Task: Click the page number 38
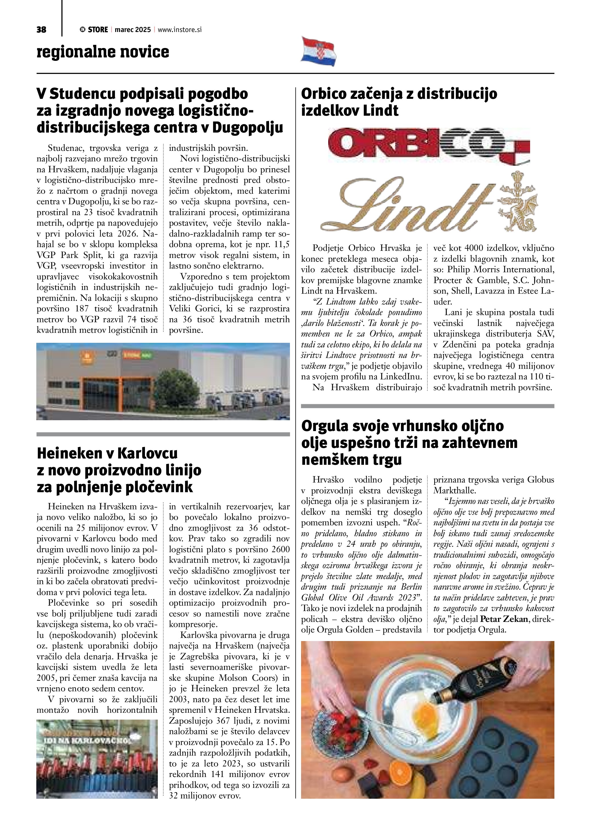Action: pyautogui.click(x=41, y=30)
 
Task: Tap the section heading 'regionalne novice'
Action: pyautogui.click(x=103, y=52)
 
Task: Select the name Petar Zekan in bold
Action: pyautogui.click(x=504, y=619)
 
